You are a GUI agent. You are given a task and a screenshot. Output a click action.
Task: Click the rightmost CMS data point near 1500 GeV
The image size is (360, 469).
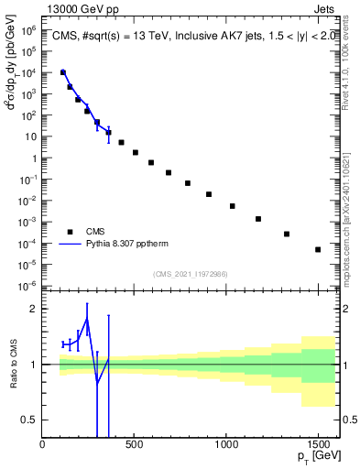pyautogui.click(x=318, y=249)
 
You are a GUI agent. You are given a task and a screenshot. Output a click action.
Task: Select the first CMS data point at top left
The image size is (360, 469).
pyautogui.click(x=62, y=72)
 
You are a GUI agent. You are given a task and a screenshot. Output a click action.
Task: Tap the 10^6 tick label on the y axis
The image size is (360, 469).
pyautogui.click(x=28, y=30)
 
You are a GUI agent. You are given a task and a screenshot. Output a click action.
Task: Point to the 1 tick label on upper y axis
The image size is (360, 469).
pyautogui.click(x=33, y=158)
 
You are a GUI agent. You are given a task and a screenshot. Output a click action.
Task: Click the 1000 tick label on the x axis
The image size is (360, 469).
pyautogui.click(x=226, y=446)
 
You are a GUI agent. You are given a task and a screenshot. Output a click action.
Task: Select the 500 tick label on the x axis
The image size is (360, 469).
pyautogui.click(x=135, y=446)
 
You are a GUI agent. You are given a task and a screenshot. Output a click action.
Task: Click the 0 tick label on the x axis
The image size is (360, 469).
pyautogui.click(x=43, y=446)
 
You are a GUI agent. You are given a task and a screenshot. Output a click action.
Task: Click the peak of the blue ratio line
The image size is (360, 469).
pyautogui.click(x=87, y=318)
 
